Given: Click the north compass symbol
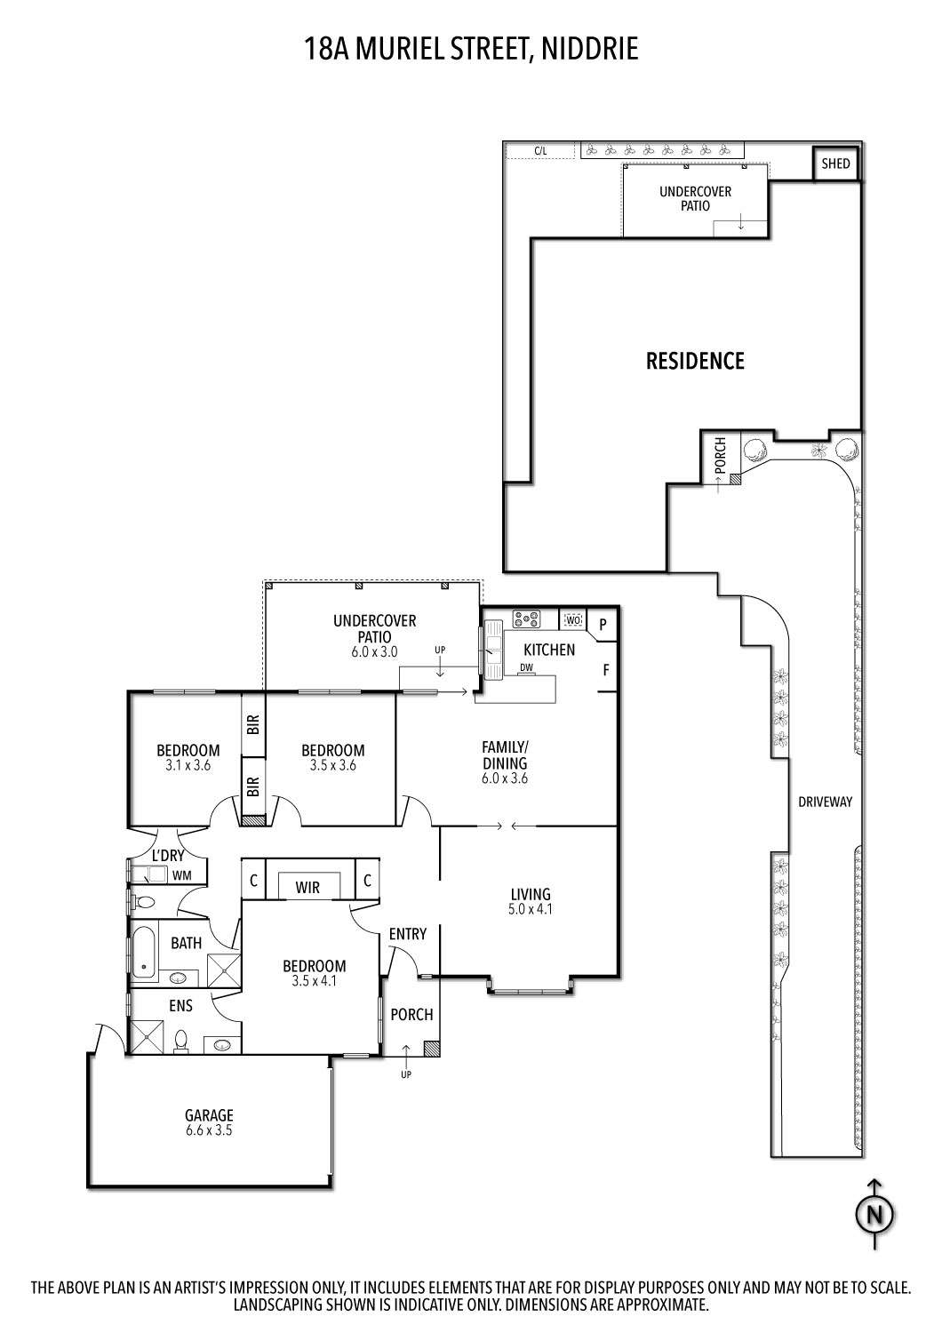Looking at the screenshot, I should [875, 1214].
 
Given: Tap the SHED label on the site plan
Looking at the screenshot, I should [835, 164].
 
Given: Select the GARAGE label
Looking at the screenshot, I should [209, 1115].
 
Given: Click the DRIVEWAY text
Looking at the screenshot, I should [825, 802].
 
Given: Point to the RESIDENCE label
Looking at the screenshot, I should [695, 361].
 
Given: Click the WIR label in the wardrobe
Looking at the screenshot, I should [307, 887].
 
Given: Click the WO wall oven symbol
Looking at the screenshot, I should [573, 619].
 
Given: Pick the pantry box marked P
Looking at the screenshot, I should [603, 625].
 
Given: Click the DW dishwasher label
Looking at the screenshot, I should [527, 667].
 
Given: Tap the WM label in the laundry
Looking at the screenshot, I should [181, 875].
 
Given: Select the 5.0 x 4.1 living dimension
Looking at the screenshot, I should [530, 909].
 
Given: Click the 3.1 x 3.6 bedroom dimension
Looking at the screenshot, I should [188, 764].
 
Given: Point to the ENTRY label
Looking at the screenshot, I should [407, 934].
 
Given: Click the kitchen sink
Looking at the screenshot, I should [492, 644].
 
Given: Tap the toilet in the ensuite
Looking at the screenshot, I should [182, 1040].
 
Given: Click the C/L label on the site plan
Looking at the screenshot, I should [539, 151].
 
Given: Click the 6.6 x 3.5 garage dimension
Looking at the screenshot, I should [209, 1130].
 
